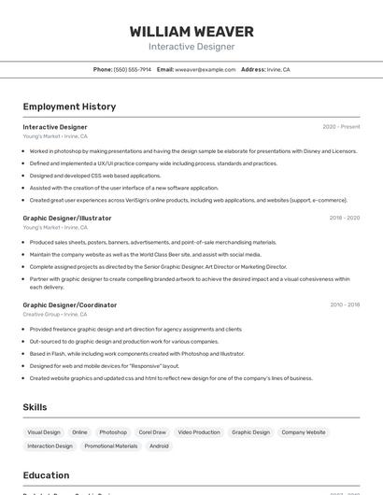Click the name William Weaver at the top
click(x=191, y=32)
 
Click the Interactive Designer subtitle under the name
click(x=191, y=47)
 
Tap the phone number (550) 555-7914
click(x=132, y=69)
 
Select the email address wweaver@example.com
click(x=206, y=69)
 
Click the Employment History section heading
click(x=69, y=106)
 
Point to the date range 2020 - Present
click(x=341, y=127)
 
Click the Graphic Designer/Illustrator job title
click(x=67, y=218)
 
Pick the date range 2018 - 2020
click(x=344, y=218)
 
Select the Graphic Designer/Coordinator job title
click(x=70, y=304)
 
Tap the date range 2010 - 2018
click(x=344, y=304)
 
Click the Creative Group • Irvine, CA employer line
click(x=55, y=315)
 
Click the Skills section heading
click(x=35, y=407)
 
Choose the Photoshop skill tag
click(x=113, y=432)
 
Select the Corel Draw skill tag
click(x=152, y=432)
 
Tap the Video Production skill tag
click(x=199, y=432)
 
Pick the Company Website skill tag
click(x=304, y=432)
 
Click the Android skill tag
click(x=159, y=446)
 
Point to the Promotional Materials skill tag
click(x=111, y=446)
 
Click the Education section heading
click(x=47, y=474)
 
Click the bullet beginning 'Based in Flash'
click(x=136, y=354)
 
